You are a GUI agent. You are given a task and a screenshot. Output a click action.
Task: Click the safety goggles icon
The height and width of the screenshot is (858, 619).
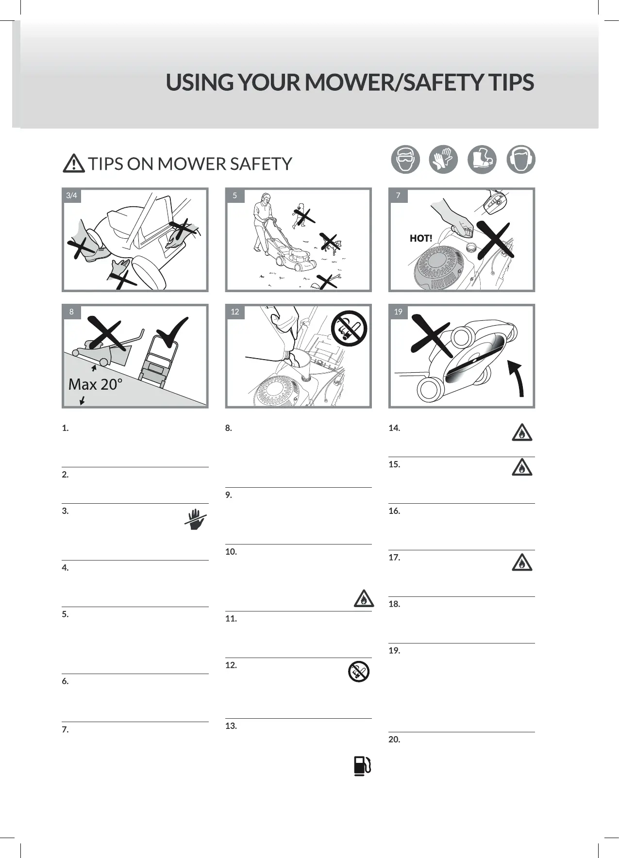click(x=405, y=159)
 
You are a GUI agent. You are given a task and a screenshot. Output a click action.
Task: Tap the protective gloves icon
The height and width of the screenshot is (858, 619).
click(x=443, y=159)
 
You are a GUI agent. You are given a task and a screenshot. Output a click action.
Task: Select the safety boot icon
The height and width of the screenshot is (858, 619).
click(x=482, y=159)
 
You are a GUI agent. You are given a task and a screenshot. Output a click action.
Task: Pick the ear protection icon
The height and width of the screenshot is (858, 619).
click(x=520, y=159)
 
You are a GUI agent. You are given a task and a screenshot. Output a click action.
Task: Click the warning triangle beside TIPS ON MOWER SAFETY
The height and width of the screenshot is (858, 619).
click(x=74, y=164)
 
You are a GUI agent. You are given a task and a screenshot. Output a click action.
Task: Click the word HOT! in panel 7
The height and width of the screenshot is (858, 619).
click(x=421, y=238)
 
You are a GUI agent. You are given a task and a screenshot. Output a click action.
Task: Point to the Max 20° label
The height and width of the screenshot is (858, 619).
click(x=95, y=384)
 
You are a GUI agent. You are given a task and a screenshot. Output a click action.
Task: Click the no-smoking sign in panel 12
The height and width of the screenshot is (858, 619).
click(x=349, y=328)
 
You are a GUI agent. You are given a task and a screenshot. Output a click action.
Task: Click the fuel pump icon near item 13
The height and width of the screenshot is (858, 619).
click(x=362, y=766)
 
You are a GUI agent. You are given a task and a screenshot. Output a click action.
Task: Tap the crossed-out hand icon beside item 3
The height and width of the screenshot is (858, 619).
click(x=196, y=519)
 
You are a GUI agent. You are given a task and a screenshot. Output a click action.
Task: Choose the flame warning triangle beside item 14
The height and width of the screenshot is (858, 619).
click(x=522, y=432)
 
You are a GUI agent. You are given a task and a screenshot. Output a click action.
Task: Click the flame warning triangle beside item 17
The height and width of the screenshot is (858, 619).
click(x=522, y=562)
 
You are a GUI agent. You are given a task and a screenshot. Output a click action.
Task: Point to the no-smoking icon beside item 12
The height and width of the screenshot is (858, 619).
click(x=359, y=672)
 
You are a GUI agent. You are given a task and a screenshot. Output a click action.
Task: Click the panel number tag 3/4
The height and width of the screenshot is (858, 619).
click(x=71, y=196)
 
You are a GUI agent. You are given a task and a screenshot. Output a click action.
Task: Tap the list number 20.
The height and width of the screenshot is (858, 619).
click(x=394, y=740)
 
